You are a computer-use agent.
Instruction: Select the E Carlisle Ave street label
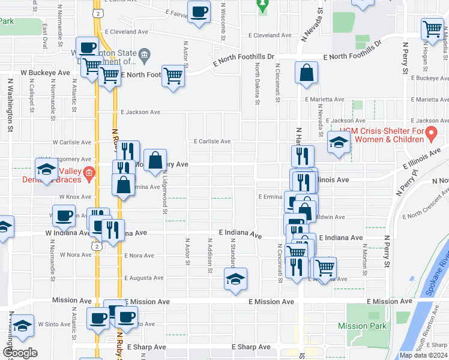point(212,142)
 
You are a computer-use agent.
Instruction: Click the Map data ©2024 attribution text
point(423,355)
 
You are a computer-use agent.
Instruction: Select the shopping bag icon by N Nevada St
point(307,73)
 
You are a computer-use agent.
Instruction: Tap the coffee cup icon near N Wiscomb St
point(199,11)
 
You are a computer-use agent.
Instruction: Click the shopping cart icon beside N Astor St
point(173,76)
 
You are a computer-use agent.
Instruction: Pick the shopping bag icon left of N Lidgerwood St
point(155,160)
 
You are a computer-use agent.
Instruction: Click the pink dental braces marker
point(89,174)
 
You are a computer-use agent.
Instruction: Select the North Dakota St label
point(257,84)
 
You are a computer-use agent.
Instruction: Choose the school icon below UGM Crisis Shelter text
point(339,143)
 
